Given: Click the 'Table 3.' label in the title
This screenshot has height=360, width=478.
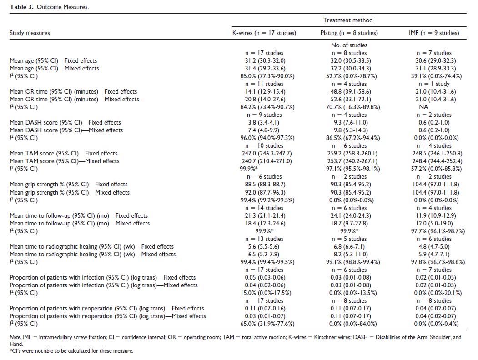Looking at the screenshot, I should coord(20,7).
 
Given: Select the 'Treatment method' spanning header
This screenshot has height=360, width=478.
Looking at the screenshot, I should coord(347,20).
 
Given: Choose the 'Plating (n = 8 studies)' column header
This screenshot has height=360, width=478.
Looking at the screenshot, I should coord(349,33).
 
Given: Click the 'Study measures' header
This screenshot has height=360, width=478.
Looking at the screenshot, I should coord(30,33).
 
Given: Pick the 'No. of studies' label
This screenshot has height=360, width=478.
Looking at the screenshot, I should coord(349,45).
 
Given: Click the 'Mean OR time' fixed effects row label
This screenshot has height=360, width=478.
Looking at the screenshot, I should coord(73,91).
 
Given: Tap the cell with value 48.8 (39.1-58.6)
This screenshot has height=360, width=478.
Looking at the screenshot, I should coord(349,91).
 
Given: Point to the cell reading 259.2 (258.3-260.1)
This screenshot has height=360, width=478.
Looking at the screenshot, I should coord(349,153).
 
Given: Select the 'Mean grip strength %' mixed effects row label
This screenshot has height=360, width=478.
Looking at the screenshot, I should coord(70,192).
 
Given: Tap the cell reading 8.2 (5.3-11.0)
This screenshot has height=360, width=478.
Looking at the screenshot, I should coord(349,254).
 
